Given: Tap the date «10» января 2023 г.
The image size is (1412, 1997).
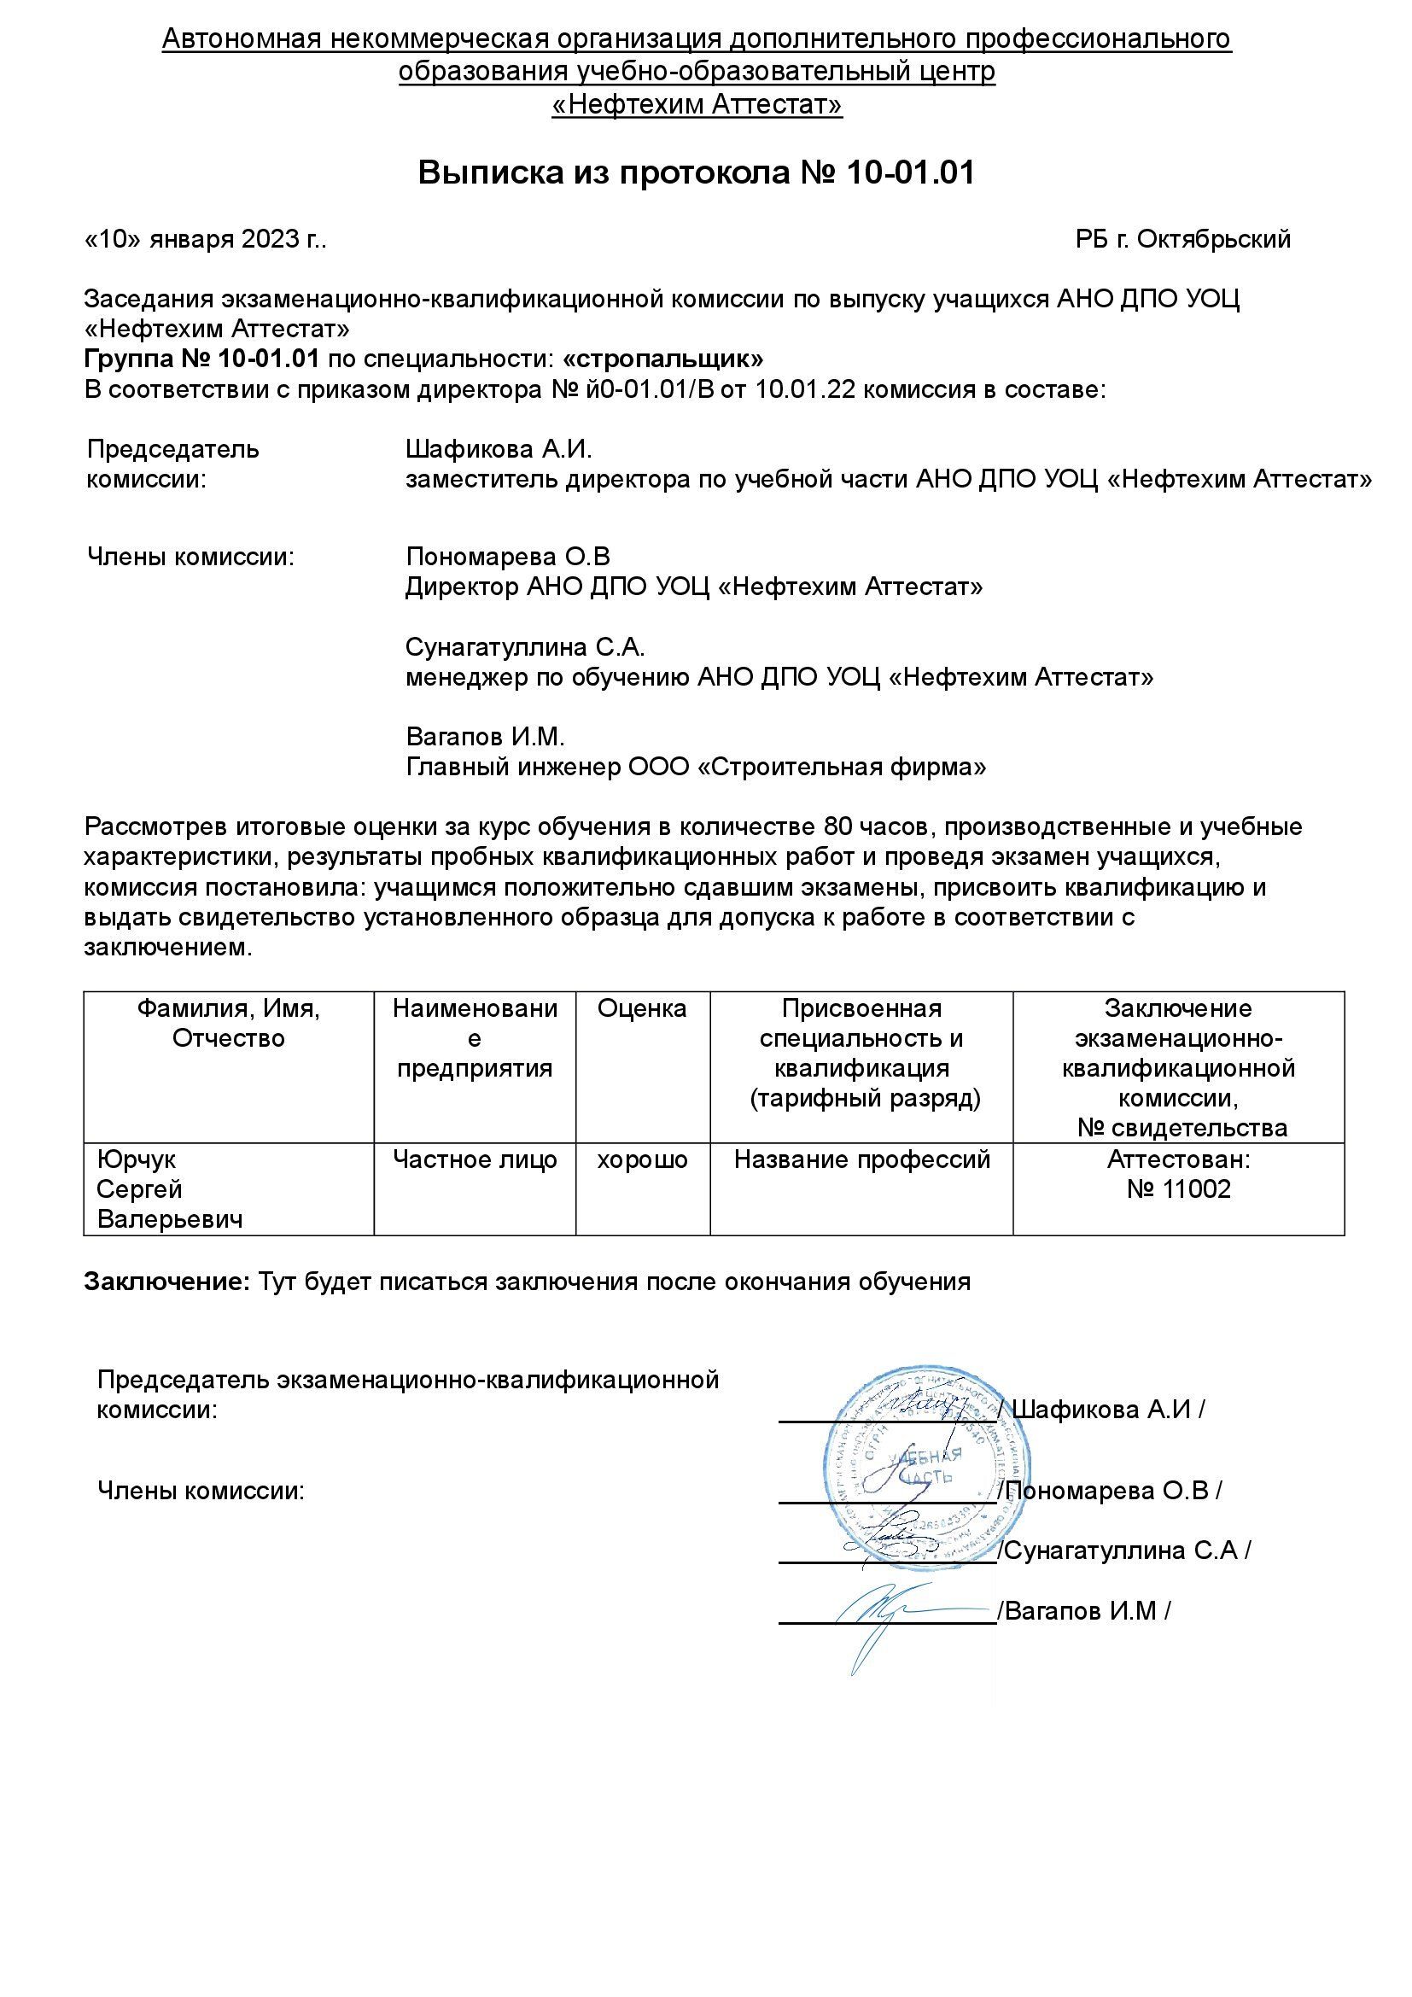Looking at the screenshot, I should point(205,239).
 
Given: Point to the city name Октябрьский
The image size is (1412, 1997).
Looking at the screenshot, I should point(1213,239).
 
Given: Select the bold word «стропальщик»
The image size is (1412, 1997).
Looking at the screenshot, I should point(662,359).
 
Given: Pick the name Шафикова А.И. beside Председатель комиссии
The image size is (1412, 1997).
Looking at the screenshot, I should point(499,450).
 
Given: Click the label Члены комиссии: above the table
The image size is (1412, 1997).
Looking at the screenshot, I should point(190,557).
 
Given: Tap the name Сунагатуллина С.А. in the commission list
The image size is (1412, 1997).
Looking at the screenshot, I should point(525,647).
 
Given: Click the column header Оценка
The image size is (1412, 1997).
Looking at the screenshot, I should point(642,1009).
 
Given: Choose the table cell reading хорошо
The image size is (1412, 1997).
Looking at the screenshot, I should point(642,1159).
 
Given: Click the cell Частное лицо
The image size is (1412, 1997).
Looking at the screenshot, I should point(475,1159).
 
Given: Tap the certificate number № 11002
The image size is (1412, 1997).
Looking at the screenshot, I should point(1178,1190).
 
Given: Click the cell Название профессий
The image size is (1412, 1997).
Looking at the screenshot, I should point(861,1159).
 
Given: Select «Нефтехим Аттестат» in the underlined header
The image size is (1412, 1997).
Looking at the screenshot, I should point(697,105).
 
